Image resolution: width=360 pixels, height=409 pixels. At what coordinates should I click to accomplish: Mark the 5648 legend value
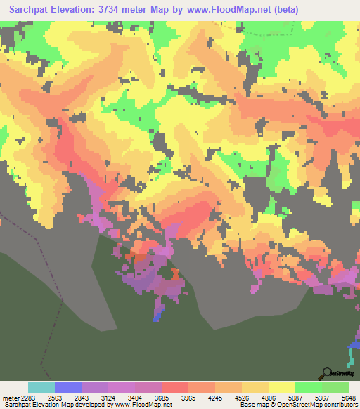click(x=349, y=397)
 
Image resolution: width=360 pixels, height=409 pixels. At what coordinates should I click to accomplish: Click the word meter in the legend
click(x=11, y=397)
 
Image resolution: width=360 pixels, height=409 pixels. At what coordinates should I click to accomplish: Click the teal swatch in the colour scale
click(x=41, y=387)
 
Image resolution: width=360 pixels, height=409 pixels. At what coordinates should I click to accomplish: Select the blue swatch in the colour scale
click(x=68, y=387)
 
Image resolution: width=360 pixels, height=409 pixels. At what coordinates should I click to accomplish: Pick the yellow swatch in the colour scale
click(x=281, y=387)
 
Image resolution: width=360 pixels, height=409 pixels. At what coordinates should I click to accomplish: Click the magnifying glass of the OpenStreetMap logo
click(x=326, y=373)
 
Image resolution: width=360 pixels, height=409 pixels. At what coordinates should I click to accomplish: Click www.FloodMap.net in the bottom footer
click(x=143, y=405)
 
